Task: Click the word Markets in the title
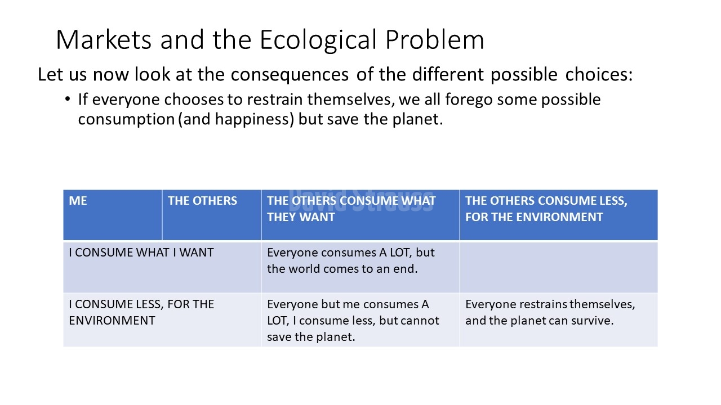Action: click(x=104, y=39)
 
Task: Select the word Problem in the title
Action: click(x=434, y=39)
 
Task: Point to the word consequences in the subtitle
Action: click(x=290, y=75)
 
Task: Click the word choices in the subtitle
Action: click(x=599, y=74)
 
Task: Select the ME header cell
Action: click(x=113, y=215)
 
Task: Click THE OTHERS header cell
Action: click(x=211, y=215)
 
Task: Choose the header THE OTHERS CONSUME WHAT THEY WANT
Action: click(x=360, y=215)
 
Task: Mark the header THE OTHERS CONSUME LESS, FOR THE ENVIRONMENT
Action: click(x=559, y=215)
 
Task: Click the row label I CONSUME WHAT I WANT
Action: click(x=141, y=253)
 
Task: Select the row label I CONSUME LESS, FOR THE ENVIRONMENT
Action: click(x=141, y=312)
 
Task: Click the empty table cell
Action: click(x=559, y=267)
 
